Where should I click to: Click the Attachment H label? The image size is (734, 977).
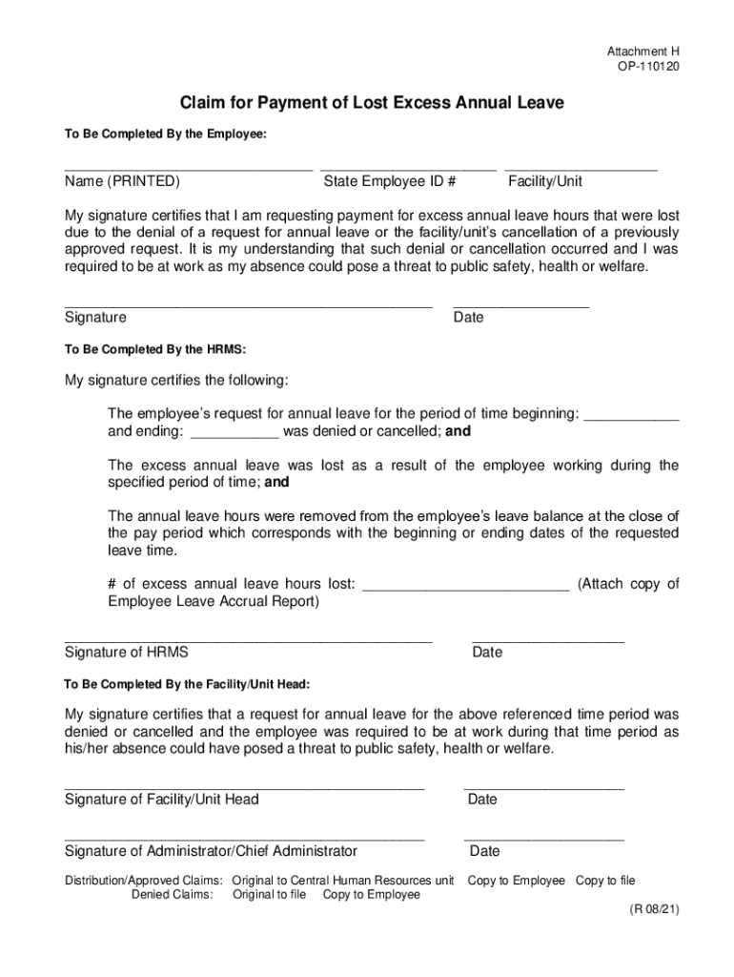click(643, 51)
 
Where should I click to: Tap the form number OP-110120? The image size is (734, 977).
click(648, 68)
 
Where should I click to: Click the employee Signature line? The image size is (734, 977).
click(248, 304)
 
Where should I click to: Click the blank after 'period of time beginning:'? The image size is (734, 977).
click(630, 418)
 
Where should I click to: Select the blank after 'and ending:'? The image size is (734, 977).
click(234, 436)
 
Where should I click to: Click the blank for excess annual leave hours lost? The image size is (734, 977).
click(466, 589)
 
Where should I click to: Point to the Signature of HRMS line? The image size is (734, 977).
click(248, 640)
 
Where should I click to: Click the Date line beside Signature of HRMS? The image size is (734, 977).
click(547, 640)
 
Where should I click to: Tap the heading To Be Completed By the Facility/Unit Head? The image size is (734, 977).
click(187, 685)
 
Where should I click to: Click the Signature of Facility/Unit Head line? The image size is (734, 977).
click(244, 787)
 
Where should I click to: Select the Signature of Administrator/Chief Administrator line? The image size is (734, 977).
click(244, 839)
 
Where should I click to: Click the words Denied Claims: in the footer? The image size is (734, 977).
click(172, 895)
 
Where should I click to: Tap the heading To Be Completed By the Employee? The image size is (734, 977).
click(166, 135)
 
